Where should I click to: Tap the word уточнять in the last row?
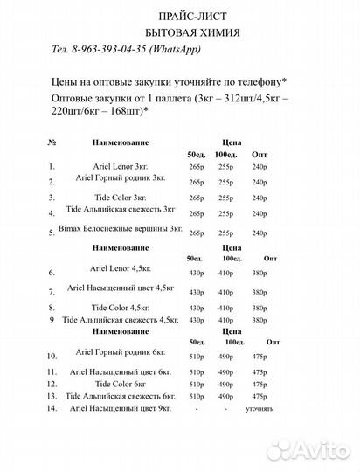[260, 408]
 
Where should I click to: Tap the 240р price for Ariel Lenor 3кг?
[260, 165]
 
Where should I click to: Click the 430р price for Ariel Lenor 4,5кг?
[196, 274]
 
